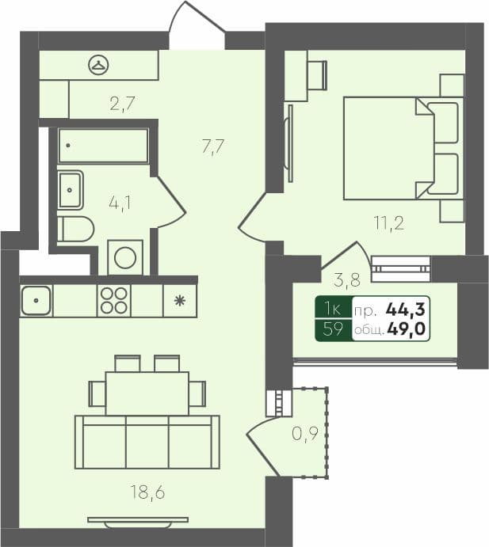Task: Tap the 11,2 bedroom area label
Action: [x=389, y=222]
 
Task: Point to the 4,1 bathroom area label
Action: [x=120, y=203]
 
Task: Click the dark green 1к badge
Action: [x=333, y=310]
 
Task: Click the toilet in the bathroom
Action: [x=75, y=229]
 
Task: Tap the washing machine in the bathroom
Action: [x=125, y=257]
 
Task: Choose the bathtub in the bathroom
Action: [x=104, y=146]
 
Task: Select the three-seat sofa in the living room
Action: [x=147, y=440]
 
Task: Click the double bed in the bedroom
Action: [x=401, y=148]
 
